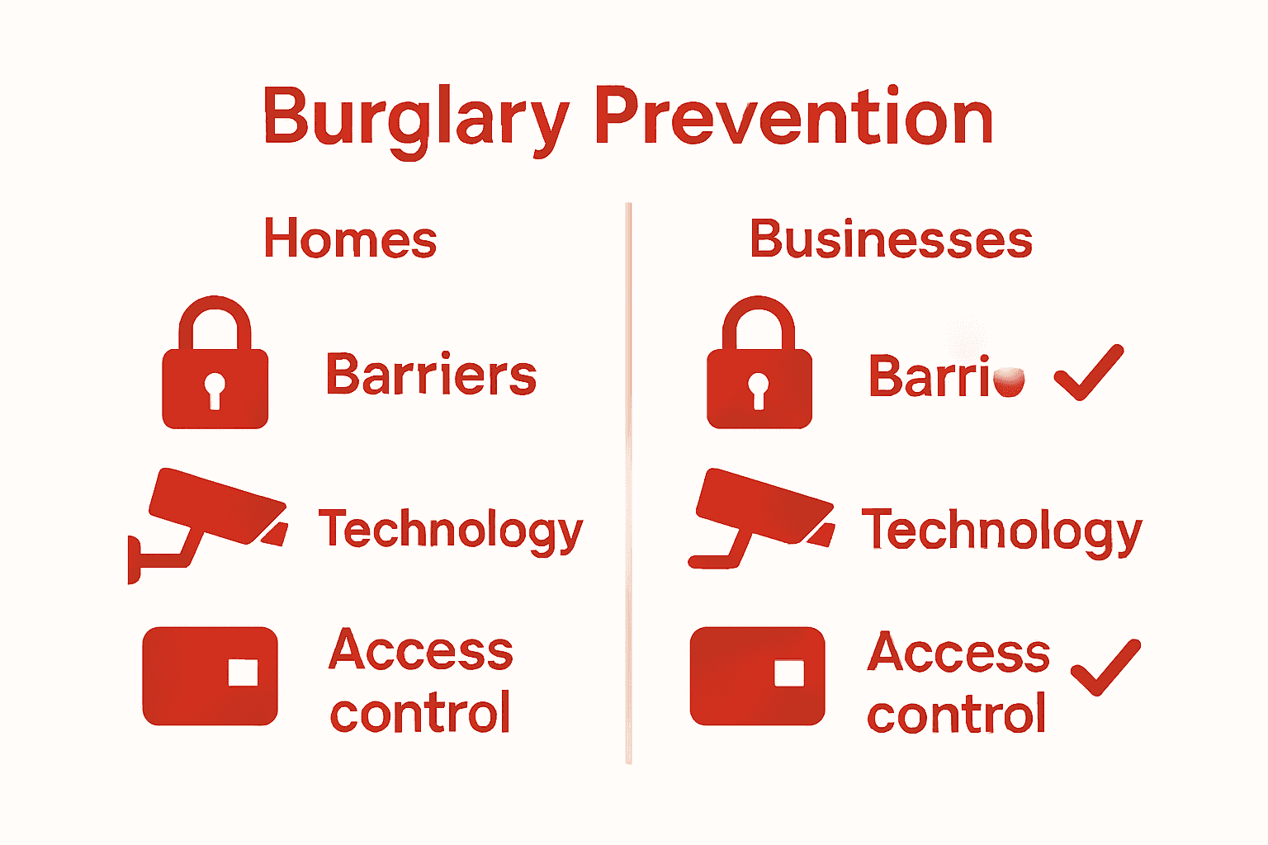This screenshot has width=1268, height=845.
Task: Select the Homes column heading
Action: pyautogui.click(x=350, y=239)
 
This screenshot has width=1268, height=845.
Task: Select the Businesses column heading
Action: pyautogui.click(x=891, y=239)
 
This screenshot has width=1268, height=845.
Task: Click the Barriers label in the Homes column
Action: pyautogui.click(x=431, y=375)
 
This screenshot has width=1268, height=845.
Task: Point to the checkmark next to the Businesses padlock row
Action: pyautogui.click(x=1089, y=373)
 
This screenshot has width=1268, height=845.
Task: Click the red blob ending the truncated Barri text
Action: pyautogui.click(x=1009, y=380)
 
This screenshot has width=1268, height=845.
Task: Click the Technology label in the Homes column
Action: pyautogui.click(x=451, y=530)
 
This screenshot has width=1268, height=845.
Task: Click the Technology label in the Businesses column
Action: pyautogui.click(x=1001, y=530)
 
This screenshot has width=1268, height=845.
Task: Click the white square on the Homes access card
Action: pyautogui.click(x=243, y=673)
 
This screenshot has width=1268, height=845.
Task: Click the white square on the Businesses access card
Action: pyautogui.click(x=789, y=673)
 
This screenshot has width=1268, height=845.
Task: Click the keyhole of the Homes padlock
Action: pyautogui.click(x=215, y=389)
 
